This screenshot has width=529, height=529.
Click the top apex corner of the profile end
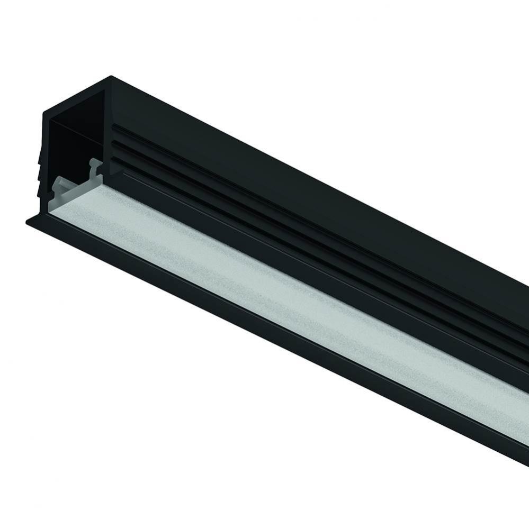tap(111, 77)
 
